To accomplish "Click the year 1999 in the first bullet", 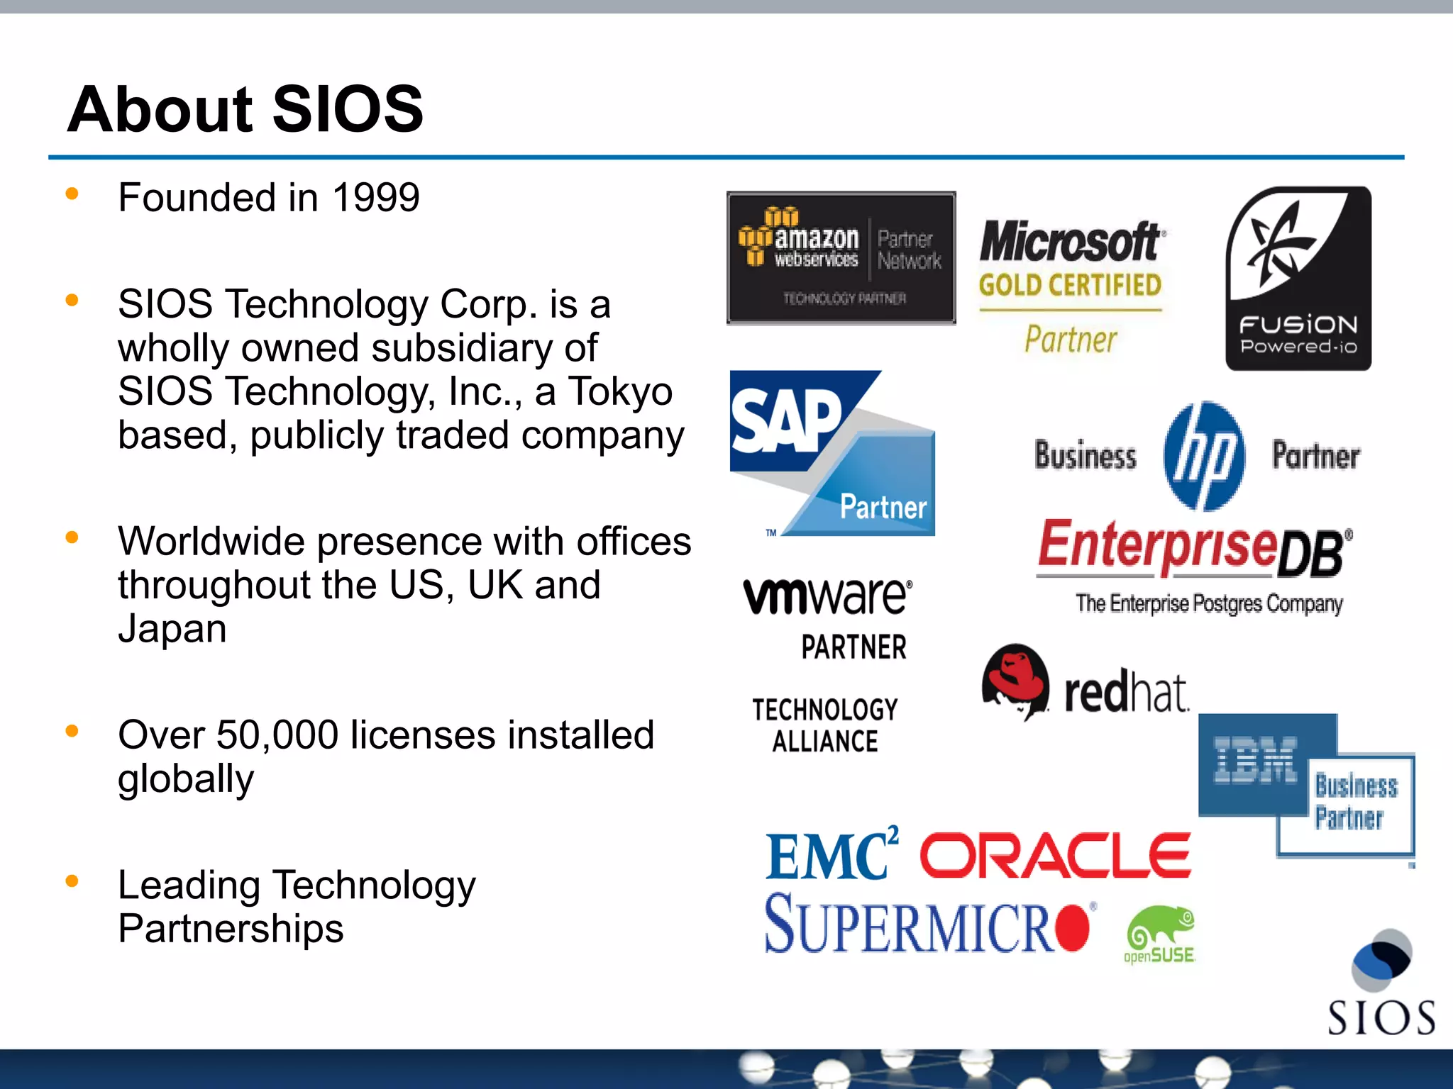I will click(x=376, y=198).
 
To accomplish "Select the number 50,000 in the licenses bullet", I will click(x=277, y=735).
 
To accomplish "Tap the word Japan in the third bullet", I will click(x=172, y=629).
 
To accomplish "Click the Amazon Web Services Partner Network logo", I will click(x=841, y=258).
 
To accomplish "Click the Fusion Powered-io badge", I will click(x=1298, y=279).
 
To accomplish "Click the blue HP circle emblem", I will click(x=1204, y=456).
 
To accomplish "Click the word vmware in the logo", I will click(x=827, y=596).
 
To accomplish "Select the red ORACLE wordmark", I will click(x=1055, y=856).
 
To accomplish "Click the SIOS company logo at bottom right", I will click(x=1381, y=985).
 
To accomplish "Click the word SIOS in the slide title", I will click(x=348, y=109).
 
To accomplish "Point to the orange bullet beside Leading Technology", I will click(x=72, y=881).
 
